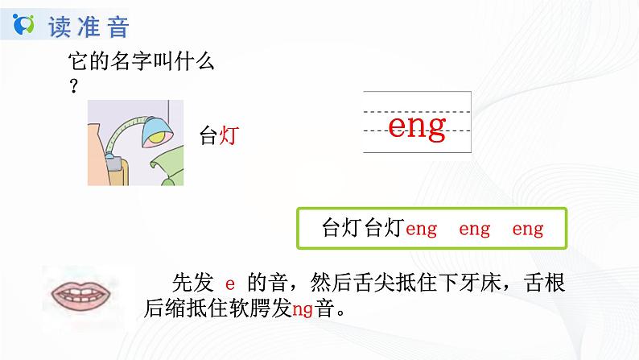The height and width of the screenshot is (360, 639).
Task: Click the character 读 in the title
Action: click(60, 27)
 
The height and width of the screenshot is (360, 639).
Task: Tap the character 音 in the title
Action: click(117, 27)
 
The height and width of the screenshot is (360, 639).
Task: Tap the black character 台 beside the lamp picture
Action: click(208, 138)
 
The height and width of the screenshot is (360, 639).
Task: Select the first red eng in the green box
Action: click(421, 230)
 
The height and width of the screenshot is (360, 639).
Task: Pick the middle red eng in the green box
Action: click(474, 230)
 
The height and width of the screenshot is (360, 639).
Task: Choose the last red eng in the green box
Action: click(527, 230)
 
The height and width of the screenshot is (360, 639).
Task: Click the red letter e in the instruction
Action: click(229, 283)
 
